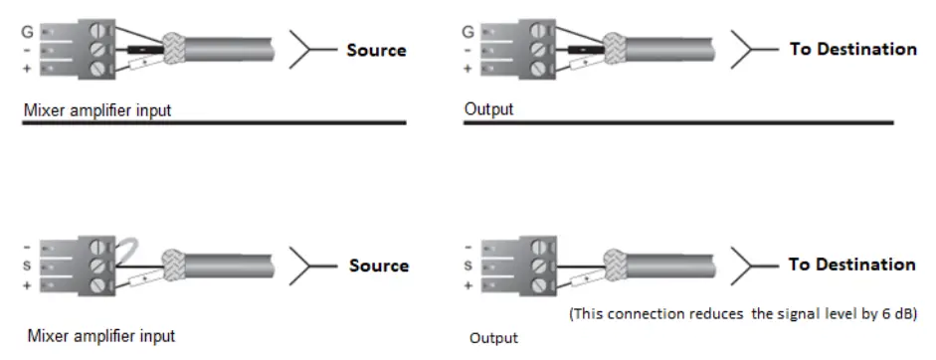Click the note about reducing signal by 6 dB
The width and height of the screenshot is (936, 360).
click(x=742, y=313)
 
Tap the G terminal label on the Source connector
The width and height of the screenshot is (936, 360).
click(x=28, y=32)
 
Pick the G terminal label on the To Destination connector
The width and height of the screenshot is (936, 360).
click(x=468, y=32)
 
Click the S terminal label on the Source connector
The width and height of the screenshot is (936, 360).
click(x=28, y=266)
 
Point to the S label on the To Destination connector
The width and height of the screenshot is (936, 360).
click(x=468, y=266)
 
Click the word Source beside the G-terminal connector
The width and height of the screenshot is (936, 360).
click(x=377, y=50)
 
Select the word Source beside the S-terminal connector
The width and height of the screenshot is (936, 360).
click(x=379, y=266)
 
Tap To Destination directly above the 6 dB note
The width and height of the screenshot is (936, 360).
click(x=852, y=265)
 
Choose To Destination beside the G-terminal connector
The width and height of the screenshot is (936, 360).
click(x=852, y=49)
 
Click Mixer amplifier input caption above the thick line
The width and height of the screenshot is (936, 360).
click(x=97, y=110)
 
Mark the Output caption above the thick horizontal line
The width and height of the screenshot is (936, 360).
click(x=488, y=109)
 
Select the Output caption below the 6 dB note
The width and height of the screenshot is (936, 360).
click(x=493, y=338)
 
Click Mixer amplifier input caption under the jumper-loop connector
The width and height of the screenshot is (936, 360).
click(x=101, y=335)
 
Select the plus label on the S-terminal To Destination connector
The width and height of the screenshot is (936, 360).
click(x=468, y=285)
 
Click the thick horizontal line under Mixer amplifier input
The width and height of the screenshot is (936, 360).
click(x=214, y=122)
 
